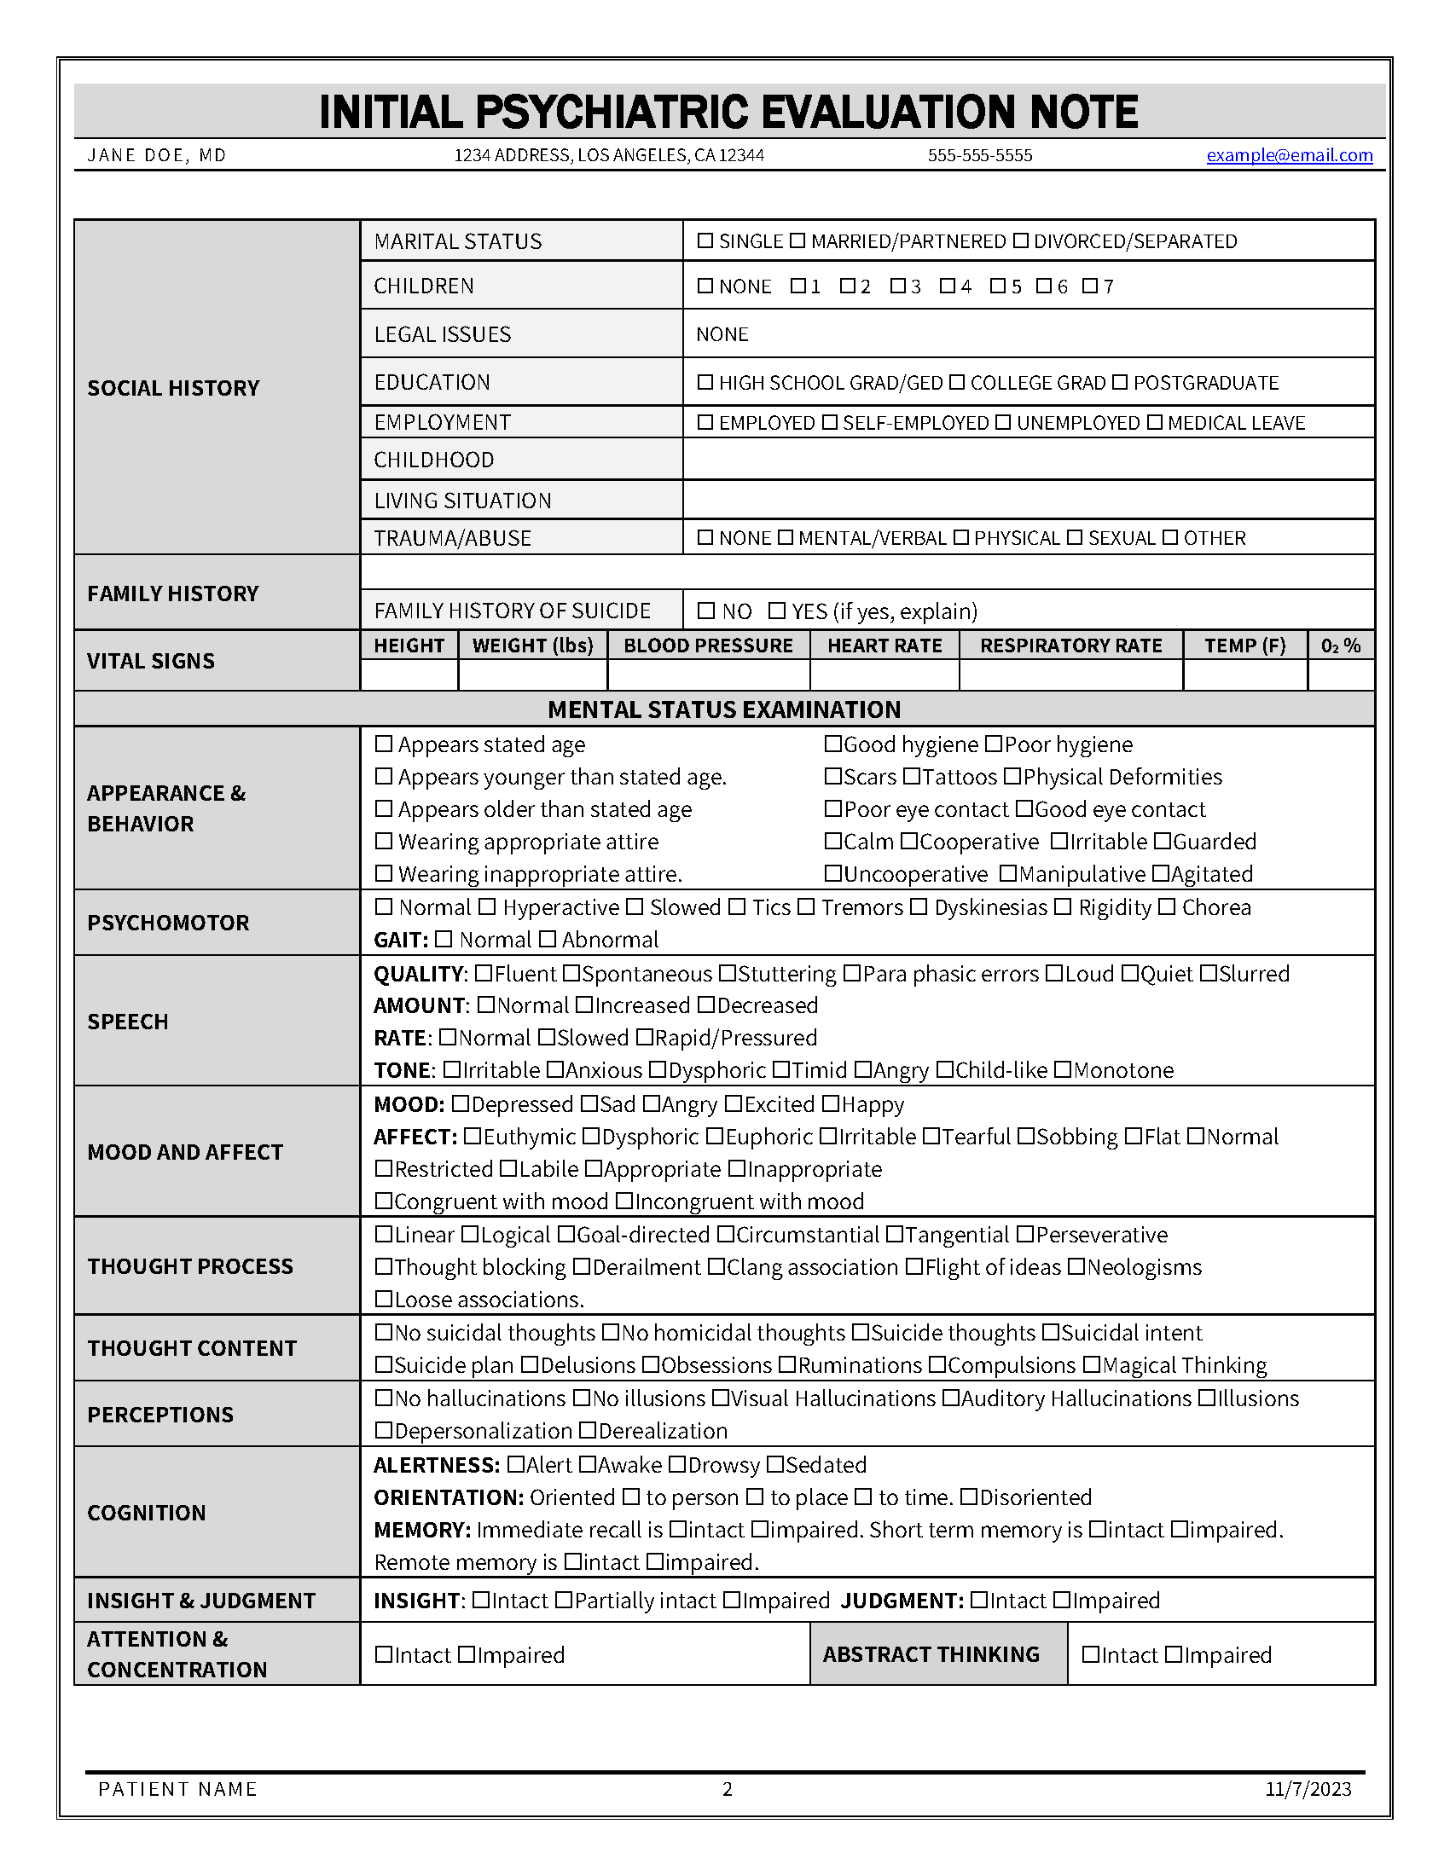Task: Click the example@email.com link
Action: coord(1289,155)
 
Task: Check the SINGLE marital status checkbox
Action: coord(705,241)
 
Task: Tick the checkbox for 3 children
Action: coord(897,286)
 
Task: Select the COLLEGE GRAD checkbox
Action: coord(957,382)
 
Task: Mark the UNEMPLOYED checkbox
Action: coord(1003,423)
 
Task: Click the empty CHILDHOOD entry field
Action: coord(1029,460)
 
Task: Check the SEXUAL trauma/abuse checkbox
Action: coord(1075,538)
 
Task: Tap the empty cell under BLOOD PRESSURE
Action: coord(708,675)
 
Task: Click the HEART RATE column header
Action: coord(884,646)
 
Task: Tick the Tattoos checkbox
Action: coord(913,777)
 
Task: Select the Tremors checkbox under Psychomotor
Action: coord(806,907)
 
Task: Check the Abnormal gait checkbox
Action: coord(548,940)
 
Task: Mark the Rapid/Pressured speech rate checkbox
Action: coord(644,1038)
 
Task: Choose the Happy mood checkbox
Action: coord(830,1103)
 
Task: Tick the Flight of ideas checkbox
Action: coord(914,1267)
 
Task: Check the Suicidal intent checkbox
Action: coord(1051,1332)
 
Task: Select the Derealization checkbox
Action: coord(588,1430)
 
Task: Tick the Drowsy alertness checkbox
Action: coord(677,1464)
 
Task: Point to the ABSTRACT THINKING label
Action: coord(931,1654)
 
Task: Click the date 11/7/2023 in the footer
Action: coord(1308,1789)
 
